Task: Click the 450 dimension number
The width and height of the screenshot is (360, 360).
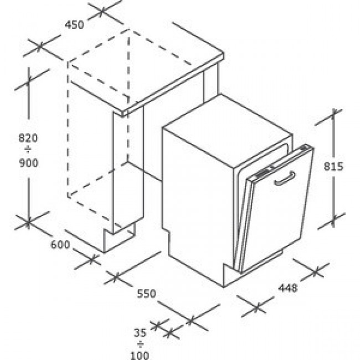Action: click(x=74, y=24)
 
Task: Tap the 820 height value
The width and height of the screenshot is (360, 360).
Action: click(x=28, y=138)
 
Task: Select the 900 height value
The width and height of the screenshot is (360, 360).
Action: click(x=28, y=163)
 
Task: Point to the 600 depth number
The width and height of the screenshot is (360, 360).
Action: click(x=60, y=244)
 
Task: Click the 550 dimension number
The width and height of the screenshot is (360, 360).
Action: click(x=146, y=294)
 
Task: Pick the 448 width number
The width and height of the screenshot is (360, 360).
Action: click(x=287, y=287)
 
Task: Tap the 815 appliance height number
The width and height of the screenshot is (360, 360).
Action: click(x=333, y=167)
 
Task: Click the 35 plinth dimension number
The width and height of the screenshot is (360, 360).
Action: click(x=140, y=333)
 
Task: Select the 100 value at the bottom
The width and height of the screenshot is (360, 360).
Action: click(x=140, y=356)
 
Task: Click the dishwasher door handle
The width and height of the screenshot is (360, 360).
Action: click(x=285, y=178)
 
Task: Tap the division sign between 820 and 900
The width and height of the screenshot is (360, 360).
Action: click(x=28, y=151)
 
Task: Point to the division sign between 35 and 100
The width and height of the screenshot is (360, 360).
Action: click(x=140, y=344)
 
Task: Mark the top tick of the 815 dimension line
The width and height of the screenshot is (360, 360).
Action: click(x=334, y=112)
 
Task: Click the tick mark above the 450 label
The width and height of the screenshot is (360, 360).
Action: click(x=102, y=11)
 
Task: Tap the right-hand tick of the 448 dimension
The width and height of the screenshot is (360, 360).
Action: click(x=316, y=272)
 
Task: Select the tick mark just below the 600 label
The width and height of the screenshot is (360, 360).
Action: click(x=91, y=260)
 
